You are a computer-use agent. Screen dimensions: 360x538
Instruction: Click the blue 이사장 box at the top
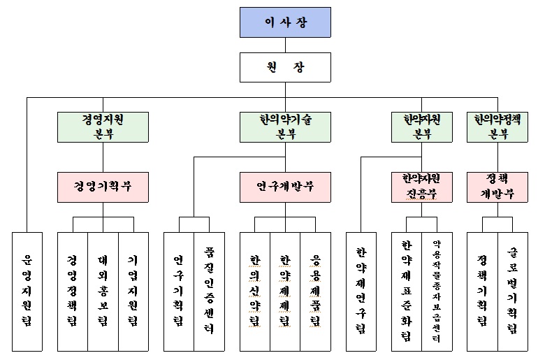285,22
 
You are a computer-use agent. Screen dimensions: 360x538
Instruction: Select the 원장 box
285,67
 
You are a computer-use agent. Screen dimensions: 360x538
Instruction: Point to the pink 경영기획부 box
103,187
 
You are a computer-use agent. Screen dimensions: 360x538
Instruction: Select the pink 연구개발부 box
285,187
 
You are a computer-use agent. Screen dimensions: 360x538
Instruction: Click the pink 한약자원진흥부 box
422,187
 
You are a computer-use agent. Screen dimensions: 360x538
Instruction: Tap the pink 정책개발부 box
497,187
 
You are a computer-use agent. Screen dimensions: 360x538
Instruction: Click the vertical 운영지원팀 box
27,291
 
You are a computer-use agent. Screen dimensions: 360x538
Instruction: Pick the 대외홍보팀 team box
103,291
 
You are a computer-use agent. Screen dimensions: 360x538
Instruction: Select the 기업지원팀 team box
133,291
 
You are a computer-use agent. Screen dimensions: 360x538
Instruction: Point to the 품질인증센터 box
209,291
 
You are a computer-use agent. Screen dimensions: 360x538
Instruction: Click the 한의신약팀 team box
254,291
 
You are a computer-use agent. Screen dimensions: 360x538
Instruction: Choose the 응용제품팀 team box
315,291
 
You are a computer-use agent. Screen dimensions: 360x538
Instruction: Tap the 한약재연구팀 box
361,291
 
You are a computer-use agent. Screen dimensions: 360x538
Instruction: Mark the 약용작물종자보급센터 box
437,291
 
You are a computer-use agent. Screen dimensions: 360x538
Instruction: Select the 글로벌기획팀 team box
513,291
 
